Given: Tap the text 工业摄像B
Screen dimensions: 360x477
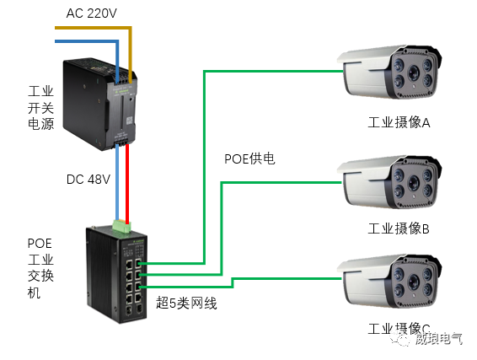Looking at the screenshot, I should [x=399, y=228].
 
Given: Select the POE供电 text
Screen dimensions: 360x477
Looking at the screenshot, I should [x=249, y=159].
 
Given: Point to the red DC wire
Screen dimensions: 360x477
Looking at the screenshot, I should [x=127, y=181].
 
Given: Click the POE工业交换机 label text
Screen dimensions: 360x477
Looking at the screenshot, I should [x=40, y=268].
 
